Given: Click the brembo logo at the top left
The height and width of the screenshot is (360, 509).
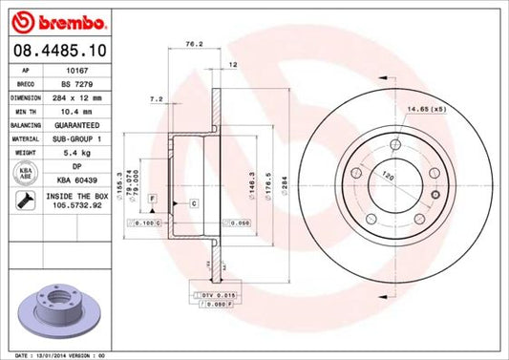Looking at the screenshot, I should [45, 20].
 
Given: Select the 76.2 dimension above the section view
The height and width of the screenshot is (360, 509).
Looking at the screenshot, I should [191, 43].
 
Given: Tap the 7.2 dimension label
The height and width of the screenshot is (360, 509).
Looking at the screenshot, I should [157, 98].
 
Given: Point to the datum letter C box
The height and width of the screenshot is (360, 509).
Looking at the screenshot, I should [193, 202].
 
